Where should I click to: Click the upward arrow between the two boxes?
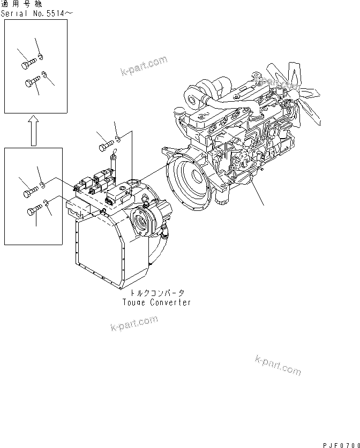coord(34,131)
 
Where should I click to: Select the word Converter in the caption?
coord(170,302)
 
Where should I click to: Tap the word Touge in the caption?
coord(134,302)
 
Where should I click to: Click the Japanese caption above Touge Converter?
coord(157,293)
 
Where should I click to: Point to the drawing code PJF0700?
coord(341,445)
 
